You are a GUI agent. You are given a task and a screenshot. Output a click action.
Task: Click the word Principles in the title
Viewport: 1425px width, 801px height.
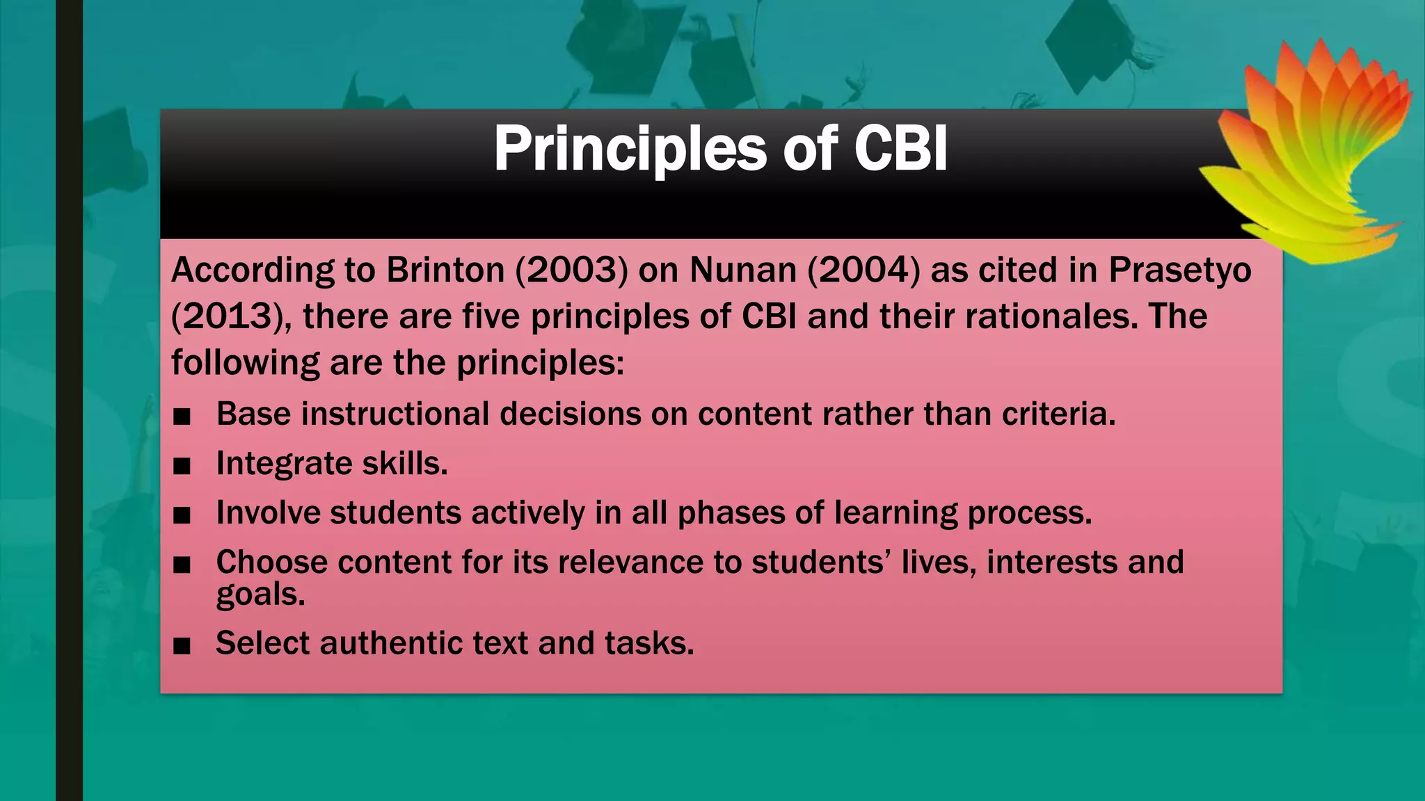tap(630, 149)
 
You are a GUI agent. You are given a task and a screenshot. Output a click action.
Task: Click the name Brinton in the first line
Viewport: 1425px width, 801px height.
tap(445, 270)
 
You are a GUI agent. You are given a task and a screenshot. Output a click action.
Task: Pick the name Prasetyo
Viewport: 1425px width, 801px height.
tap(1180, 270)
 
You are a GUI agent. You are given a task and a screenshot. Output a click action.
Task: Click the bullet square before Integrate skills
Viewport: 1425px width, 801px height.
tap(182, 466)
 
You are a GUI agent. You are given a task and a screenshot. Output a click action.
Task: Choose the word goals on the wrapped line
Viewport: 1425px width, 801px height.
tap(260, 594)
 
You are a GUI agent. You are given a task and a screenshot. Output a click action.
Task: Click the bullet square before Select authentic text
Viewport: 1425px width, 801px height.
tap(182, 646)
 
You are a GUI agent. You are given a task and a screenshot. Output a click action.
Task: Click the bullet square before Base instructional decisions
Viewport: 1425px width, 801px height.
tap(182, 416)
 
